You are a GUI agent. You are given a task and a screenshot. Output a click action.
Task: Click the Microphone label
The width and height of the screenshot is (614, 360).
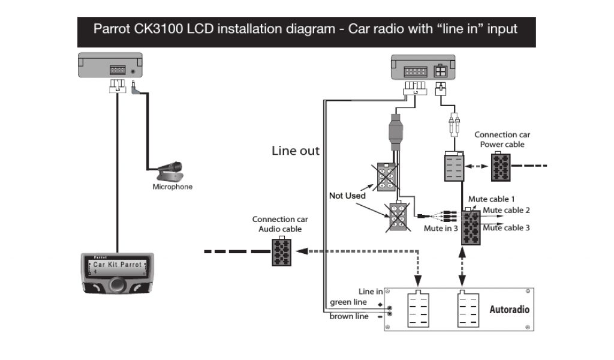(x=173, y=187)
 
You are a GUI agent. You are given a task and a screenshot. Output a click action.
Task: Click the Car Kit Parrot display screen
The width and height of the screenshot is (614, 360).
(x=118, y=265)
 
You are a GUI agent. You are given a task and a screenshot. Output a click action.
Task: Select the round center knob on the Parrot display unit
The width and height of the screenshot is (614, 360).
(x=118, y=283)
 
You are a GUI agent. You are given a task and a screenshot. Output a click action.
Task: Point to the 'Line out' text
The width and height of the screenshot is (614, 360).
(x=296, y=151)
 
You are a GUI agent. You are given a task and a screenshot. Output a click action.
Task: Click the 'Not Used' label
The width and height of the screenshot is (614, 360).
(x=347, y=196)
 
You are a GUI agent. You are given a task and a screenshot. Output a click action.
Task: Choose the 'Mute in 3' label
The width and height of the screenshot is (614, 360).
(x=441, y=228)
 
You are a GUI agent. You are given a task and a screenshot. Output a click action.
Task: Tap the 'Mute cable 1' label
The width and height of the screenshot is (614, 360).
(x=494, y=199)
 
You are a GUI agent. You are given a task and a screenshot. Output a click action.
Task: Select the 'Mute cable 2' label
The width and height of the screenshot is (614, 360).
(x=507, y=210)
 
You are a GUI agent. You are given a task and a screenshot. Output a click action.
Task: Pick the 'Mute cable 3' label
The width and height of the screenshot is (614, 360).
(x=507, y=227)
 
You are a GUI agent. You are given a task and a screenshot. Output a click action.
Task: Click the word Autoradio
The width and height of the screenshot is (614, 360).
(x=509, y=310)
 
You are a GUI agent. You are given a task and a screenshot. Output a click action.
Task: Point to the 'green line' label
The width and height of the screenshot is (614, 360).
(x=348, y=302)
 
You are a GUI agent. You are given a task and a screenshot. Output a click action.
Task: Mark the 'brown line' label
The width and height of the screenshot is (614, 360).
(x=349, y=316)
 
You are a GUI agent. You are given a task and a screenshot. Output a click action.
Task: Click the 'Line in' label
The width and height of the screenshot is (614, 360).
(x=370, y=292)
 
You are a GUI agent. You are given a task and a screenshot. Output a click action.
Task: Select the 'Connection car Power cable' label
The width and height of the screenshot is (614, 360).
(x=502, y=139)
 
